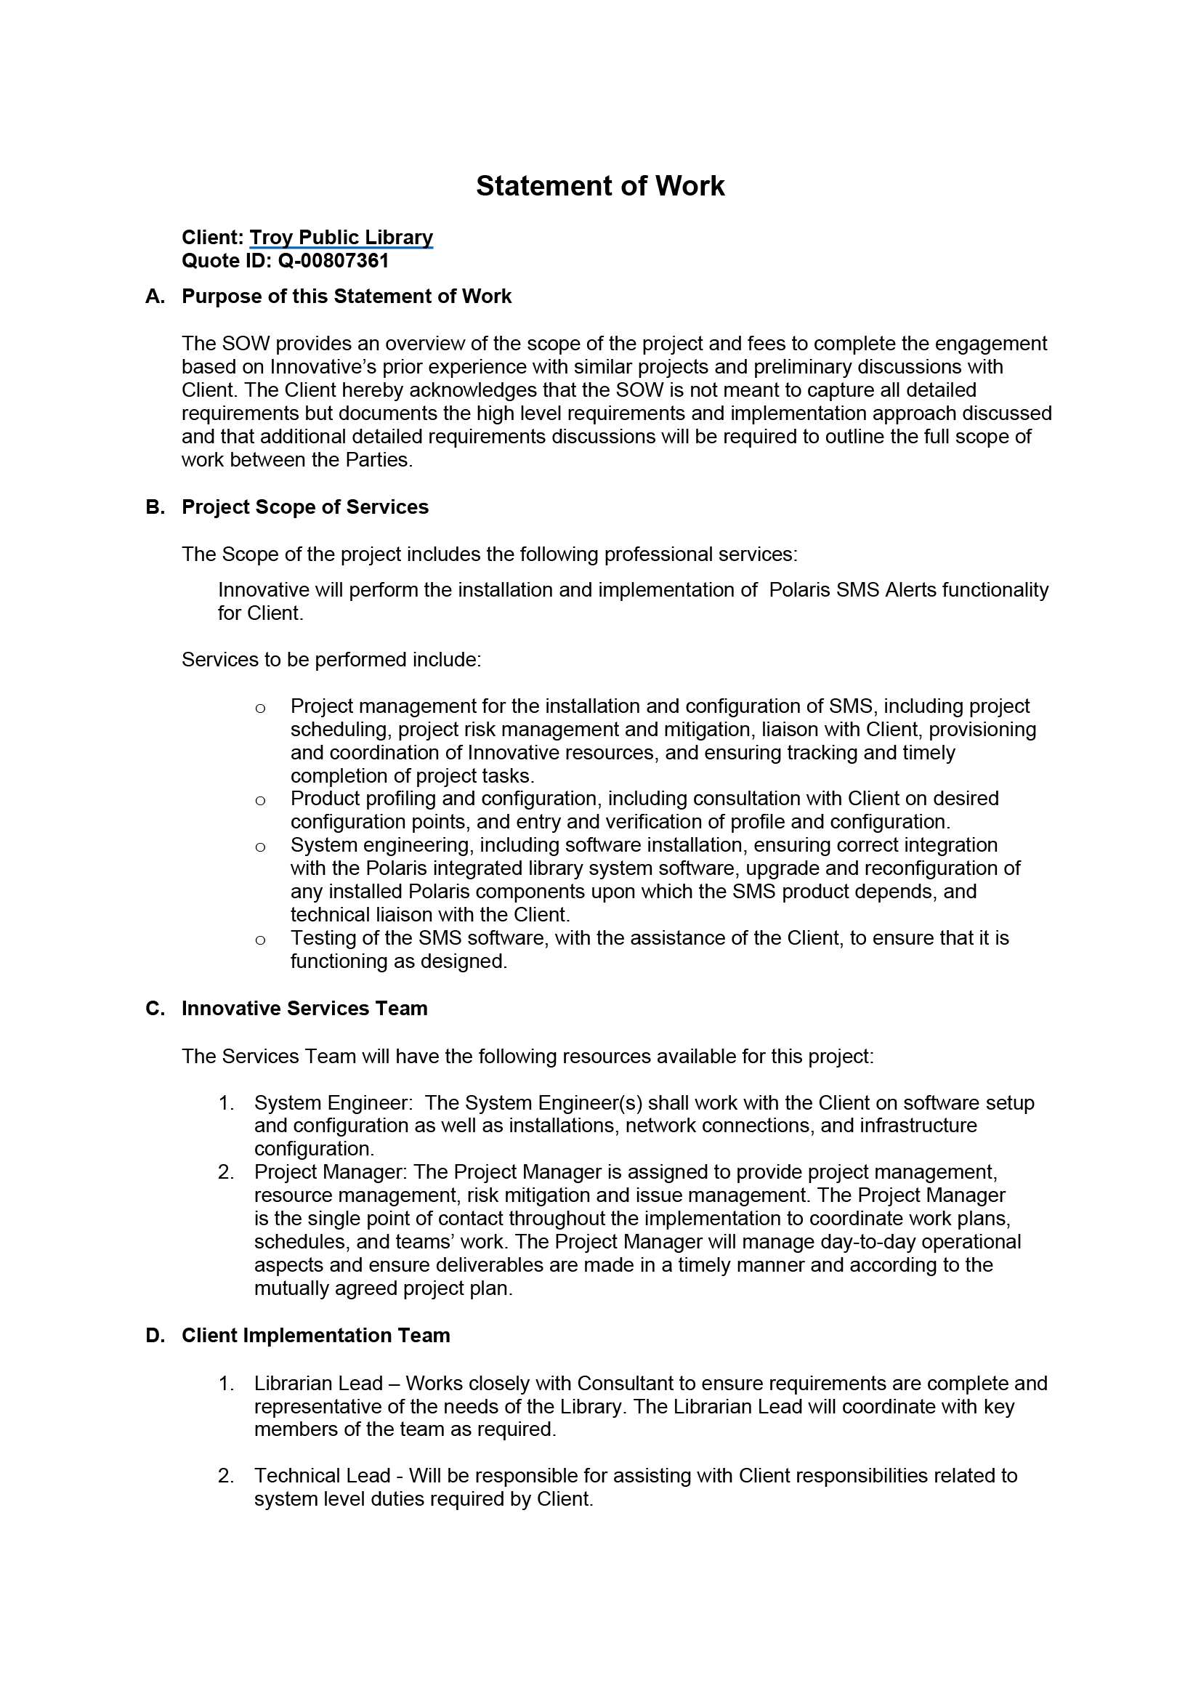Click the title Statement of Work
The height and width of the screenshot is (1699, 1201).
tap(599, 186)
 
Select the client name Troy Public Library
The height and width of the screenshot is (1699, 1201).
tap(341, 238)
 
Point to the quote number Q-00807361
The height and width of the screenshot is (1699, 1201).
tap(333, 260)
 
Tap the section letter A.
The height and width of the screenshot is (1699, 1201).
tap(155, 296)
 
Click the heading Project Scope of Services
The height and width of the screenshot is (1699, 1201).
tap(305, 507)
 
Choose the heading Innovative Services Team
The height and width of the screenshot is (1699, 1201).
tap(304, 1009)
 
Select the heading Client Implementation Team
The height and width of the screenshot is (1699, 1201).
tap(315, 1336)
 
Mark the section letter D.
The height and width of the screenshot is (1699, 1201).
tap(155, 1336)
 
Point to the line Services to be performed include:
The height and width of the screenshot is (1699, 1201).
tap(331, 659)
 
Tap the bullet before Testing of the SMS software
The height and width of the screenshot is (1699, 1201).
tap(259, 940)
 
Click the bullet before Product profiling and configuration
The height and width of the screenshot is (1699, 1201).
tap(259, 800)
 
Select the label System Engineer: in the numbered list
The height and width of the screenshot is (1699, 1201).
tap(333, 1102)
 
